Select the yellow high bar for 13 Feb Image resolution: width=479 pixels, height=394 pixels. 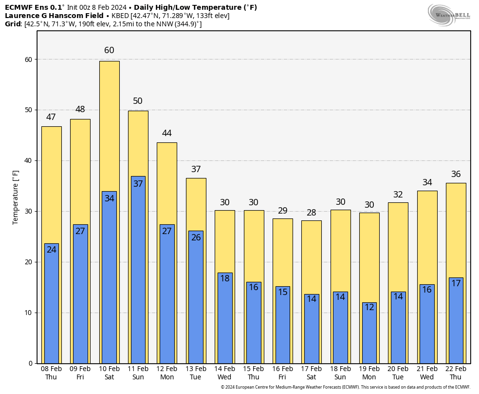tap(196, 205)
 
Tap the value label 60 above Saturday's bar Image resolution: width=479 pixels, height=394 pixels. tap(109, 51)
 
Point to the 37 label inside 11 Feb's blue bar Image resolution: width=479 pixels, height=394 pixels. tap(138, 184)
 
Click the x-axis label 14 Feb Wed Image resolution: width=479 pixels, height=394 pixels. tap(224, 373)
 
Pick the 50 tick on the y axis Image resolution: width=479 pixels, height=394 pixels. tap(29, 110)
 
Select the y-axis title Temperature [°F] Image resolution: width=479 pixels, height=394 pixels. tap(16, 197)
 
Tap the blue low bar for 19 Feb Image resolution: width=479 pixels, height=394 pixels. tap(369, 336)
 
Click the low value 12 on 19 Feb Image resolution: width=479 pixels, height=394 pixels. tap(369, 307)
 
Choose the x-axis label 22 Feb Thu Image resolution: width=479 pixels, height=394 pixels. tap(456, 373)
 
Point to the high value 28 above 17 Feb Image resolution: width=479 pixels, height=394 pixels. tap(312, 213)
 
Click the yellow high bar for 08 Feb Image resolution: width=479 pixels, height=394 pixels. tap(51, 185)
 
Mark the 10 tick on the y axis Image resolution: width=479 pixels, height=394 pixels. tap(29, 313)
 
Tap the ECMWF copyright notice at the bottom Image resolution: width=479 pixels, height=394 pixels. tap(345, 387)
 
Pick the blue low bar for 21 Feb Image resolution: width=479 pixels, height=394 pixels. tap(427, 327)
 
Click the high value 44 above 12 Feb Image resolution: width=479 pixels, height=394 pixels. tap(167, 133)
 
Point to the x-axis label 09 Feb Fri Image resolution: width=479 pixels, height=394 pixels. tap(80, 373)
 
